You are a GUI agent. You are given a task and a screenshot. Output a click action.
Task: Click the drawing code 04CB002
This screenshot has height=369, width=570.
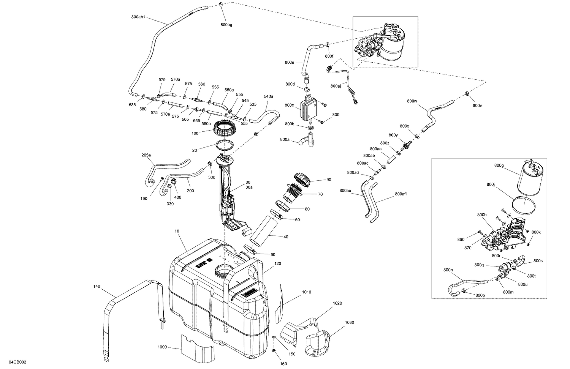click(17, 363)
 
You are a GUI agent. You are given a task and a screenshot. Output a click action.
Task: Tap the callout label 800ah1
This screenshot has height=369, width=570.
click(139, 17)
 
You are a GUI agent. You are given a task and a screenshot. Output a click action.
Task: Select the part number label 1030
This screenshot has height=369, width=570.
click(349, 322)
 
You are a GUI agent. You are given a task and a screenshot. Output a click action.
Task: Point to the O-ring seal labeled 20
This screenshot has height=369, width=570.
click(225, 145)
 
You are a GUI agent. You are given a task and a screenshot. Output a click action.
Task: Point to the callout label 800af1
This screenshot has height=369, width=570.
click(401, 194)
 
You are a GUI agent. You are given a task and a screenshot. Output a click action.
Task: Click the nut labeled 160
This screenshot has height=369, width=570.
click(274, 349)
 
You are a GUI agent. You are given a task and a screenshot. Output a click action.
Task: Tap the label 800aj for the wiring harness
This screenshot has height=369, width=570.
click(336, 86)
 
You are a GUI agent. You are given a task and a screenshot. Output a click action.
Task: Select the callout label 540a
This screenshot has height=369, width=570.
click(268, 96)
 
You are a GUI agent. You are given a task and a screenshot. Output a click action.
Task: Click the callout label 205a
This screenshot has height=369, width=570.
click(146, 155)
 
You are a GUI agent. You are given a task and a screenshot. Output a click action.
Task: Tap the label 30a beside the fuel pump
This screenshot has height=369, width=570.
click(249, 187)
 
